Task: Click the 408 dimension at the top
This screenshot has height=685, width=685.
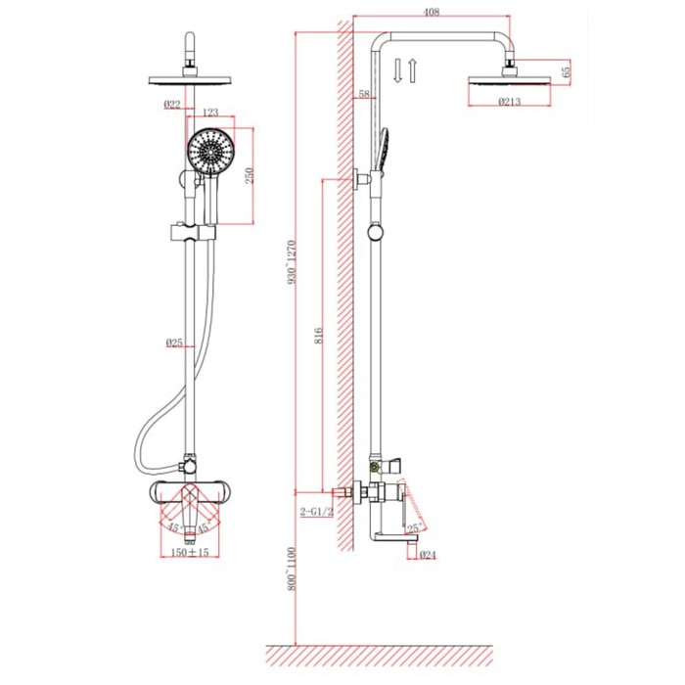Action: coord(431,12)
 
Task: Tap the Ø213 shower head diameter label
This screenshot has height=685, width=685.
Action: coord(510,102)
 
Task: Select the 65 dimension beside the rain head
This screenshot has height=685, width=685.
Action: coord(566,72)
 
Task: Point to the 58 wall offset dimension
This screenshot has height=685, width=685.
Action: coord(364,94)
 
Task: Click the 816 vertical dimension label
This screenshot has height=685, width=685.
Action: coord(318,336)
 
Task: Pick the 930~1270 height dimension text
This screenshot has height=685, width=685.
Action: coord(292,262)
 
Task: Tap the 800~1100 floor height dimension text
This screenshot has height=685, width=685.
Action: coord(292,569)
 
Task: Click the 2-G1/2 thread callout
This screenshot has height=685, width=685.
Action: coord(317,512)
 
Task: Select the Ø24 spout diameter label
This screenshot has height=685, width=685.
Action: coord(428,555)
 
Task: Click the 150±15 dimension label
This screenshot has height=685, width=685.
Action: coord(190,552)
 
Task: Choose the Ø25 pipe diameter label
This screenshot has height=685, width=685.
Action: coord(174,342)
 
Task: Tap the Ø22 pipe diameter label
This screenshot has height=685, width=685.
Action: coord(172,105)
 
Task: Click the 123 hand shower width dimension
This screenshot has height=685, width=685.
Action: coord(210,113)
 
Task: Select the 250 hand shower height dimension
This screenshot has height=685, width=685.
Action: coord(249,175)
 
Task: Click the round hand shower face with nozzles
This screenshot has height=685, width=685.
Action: coord(211,151)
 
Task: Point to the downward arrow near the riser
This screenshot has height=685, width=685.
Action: coord(397,70)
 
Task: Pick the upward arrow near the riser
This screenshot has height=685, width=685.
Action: coord(412,70)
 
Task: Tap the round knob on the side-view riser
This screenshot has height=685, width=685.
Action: coord(375,232)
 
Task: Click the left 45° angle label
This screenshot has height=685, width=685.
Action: coord(175,527)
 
